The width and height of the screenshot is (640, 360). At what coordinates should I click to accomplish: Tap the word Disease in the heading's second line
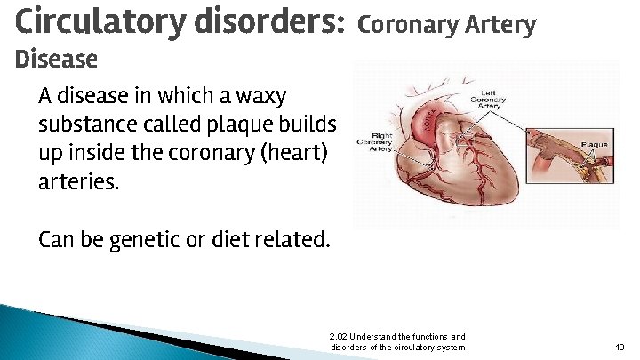[x=57, y=60]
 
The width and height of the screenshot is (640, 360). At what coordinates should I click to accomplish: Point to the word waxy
[x=263, y=95]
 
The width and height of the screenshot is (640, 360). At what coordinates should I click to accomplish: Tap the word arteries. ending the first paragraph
[x=78, y=181]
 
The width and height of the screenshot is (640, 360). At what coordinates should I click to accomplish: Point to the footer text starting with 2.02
[x=396, y=341]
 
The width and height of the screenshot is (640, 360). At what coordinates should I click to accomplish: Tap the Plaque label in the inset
[x=594, y=144]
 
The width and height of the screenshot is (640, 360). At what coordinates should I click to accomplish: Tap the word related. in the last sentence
[x=297, y=239]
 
